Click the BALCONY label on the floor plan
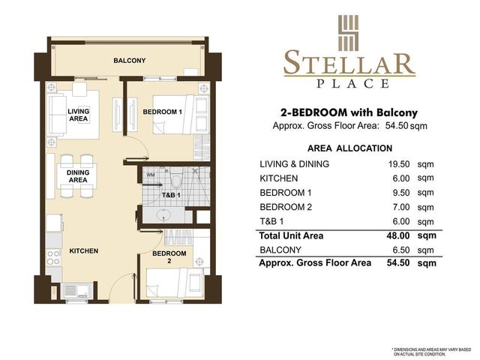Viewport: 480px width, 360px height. click(x=129, y=61)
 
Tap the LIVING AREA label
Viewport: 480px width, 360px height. click(x=78, y=115)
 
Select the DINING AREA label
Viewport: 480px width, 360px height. click(x=78, y=176)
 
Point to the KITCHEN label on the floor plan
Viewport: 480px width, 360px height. click(x=83, y=251)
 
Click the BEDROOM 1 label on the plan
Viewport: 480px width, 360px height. click(x=162, y=112)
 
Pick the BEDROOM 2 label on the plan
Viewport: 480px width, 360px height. click(x=169, y=257)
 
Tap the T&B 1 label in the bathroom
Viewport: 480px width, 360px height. click(x=171, y=195)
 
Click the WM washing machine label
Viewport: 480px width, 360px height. click(x=150, y=175)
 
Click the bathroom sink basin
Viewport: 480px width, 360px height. click(x=164, y=215)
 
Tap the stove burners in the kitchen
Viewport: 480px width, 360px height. click(x=53, y=257)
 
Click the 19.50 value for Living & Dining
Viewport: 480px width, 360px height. click(x=399, y=164)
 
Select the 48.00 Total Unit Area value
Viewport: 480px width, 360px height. click(x=398, y=236)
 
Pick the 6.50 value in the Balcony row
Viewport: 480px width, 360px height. click(x=401, y=250)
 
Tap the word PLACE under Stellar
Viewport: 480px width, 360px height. click(x=352, y=83)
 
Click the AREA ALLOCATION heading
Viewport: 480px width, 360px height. click(x=349, y=148)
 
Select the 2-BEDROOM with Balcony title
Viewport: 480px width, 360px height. click(x=349, y=113)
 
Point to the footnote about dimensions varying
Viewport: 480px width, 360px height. click(x=431, y=351)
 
